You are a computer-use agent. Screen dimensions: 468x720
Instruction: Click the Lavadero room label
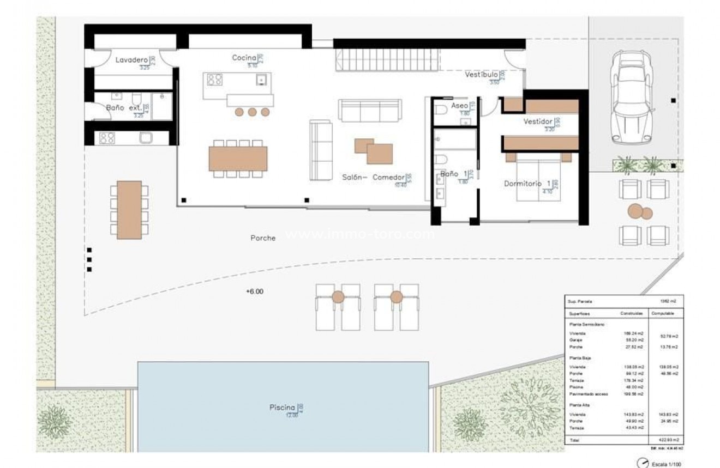[131, 60]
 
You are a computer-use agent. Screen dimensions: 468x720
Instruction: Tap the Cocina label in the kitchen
[244, 58]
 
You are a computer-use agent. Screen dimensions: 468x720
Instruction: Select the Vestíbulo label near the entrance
[481, 75]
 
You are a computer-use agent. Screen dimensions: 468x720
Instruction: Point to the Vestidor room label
[538, 121]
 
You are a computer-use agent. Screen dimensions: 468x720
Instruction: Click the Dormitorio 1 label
[527, 184]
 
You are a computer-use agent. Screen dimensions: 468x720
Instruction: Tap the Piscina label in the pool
[282, 408]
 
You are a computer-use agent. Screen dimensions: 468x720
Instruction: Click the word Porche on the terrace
[263, 238]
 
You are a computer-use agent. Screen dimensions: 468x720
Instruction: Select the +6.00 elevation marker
[254, 291]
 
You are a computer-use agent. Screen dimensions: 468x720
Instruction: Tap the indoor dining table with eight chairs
[238, 159]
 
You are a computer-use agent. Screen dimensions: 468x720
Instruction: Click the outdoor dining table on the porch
[129, 210]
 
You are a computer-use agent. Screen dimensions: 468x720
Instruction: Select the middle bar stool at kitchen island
[252, 112]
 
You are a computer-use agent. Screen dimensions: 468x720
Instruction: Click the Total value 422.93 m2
[664, 439]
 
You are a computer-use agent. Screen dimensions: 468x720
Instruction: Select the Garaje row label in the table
[575, 339]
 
